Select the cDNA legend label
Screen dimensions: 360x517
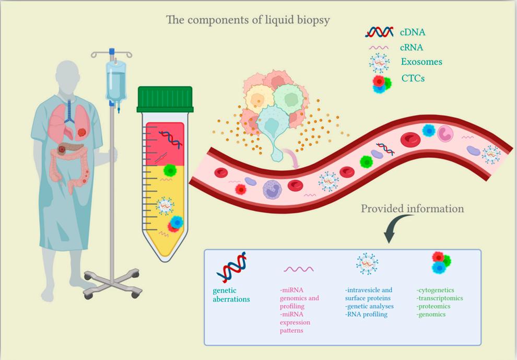click(413, 32)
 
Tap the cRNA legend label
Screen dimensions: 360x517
click(413, 48)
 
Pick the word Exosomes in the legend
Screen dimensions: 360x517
click(421, 62)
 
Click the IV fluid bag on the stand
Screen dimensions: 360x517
click(115, 78)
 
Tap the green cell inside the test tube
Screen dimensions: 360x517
click(169, 170)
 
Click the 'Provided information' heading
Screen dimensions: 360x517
click(412, 209)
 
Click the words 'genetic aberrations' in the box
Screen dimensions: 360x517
click(231, 295)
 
